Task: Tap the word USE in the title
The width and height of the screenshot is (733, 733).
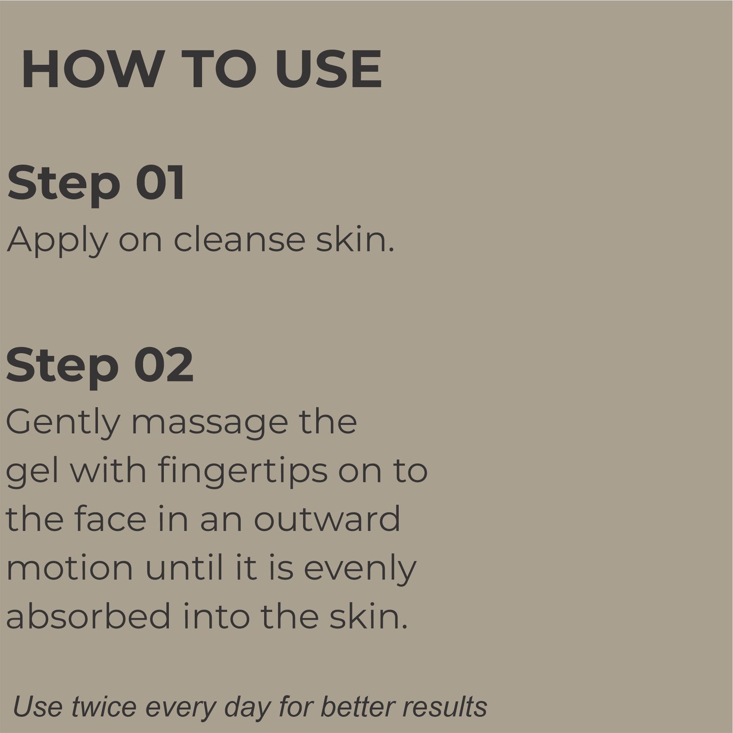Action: pyautogui.click(x=328, y=69)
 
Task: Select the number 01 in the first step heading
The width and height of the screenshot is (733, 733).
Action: pyautogui.click(x=160, y=183)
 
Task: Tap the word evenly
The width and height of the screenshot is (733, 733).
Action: pyautogui.click(x=360, y=569)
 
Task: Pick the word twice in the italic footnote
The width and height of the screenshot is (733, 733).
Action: pyautogui.click(x=104, y=707)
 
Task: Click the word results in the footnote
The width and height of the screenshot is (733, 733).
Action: pyautogui.click(x=445, y=707)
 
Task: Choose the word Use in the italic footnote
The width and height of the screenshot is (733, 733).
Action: pyautogui.click(x=38, y=707)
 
